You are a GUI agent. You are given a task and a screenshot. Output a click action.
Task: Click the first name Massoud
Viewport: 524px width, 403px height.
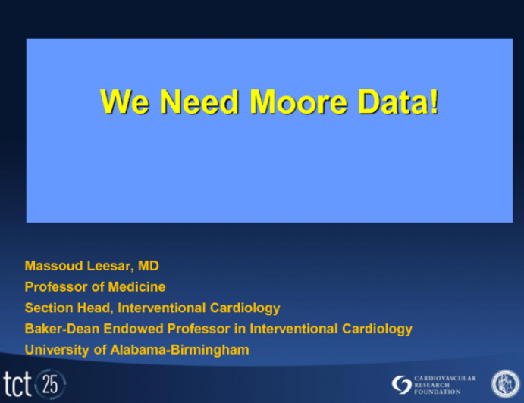[x=52, y=266]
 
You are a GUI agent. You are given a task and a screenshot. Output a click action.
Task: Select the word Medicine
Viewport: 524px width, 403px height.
[x=140, y=287]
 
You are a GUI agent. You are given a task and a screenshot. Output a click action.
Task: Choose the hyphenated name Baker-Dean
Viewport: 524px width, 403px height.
[x=59, y=329]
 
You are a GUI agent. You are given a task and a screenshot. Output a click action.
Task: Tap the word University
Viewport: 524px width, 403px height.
[x=55, y=350]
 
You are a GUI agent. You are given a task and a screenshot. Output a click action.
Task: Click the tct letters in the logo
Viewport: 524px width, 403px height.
[x=17, y=384]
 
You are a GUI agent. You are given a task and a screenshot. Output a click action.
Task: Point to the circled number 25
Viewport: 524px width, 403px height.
[x=51, y=383]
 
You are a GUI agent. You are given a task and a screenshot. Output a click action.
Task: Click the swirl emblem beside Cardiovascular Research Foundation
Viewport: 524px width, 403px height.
[x=401, y=384]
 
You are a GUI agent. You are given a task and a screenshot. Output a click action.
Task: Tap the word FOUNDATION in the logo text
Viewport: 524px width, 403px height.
[x=439, y=392]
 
